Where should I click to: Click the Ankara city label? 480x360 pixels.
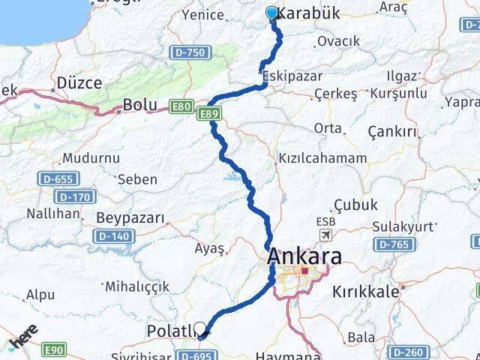[x=304, y=257]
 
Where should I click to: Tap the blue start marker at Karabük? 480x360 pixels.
[x=271, y=13]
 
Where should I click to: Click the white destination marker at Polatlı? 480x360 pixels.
[x=200, y=327]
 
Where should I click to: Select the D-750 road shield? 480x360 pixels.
[x=198, y=52]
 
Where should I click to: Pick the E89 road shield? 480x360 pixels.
[x=208, y=112]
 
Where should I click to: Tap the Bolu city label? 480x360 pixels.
[x=139, y=104]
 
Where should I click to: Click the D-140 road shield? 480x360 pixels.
[x=112, y=236]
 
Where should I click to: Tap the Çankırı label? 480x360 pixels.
[x=392, y=131]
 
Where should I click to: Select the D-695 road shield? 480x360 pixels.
[x=197, y=351]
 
